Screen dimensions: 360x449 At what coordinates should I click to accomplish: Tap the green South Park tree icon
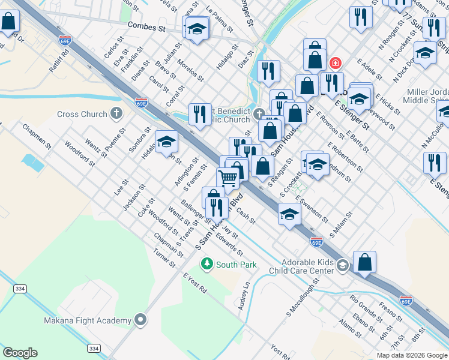(207, 264)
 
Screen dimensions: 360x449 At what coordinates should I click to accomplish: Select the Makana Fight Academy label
(88, 320)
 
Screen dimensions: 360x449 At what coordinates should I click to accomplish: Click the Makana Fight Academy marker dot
(140, 320)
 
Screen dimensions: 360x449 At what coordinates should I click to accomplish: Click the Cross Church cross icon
(116, 113)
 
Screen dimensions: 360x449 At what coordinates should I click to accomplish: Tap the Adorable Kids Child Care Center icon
(342, 265)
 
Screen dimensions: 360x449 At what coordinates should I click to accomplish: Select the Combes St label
(146, 27)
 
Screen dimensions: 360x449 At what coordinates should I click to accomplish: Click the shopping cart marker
(228, 178)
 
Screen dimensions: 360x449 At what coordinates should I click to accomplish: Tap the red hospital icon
(335, 62)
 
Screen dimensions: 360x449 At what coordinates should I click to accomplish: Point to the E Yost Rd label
(195, 283)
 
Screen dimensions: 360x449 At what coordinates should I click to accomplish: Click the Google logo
(20, 352)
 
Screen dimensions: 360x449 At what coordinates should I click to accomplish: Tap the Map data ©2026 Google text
(412, 355)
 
